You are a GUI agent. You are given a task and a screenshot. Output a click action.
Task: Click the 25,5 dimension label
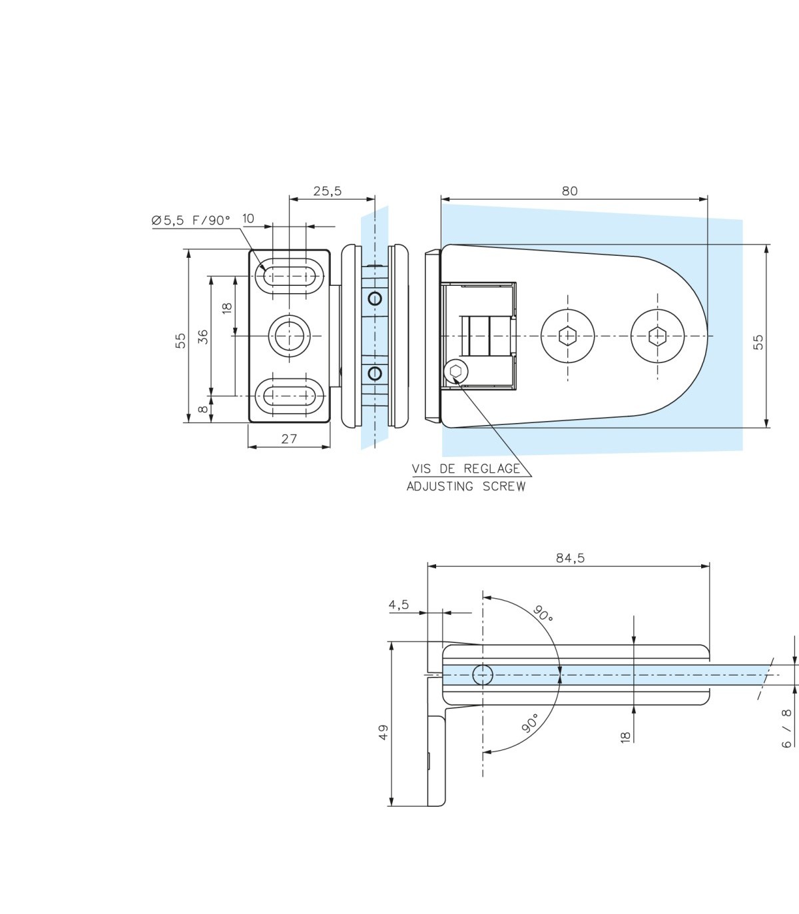tap(327, 191)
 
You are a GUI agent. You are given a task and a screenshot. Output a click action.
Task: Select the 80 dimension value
tap(569, 191)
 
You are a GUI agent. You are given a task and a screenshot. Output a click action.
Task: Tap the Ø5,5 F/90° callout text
tap(190, 221)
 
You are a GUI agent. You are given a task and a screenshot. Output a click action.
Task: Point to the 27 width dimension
tap(289, 439)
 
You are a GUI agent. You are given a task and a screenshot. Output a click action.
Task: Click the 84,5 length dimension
tap(570, 558)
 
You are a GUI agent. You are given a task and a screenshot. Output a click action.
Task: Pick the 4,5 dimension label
tap(399, 605)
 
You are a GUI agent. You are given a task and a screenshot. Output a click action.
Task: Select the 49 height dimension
tap(383, 733)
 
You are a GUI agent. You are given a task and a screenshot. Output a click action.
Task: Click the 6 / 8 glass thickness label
tap(786, 729)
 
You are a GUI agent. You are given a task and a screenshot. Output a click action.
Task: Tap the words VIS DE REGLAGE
tap(465, 468)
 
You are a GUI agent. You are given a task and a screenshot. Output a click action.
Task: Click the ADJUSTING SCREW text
tap(466, 486)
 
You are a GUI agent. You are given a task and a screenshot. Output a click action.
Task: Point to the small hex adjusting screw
tap(455, 371)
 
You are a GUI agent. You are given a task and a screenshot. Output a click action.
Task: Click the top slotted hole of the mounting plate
tap(289, 276)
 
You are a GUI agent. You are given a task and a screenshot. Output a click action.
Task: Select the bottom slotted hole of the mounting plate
tap(289, 396)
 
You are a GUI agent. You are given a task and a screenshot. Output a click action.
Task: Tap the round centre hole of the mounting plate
tap(289, 336)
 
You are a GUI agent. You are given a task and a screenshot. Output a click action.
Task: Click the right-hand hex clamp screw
tap(657, 336)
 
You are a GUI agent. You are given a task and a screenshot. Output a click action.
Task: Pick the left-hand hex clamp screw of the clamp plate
tap(567, 336)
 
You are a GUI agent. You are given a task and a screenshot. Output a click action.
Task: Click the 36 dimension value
tap(203, 336)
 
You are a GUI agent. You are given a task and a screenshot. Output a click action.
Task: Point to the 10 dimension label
tap(248, 219)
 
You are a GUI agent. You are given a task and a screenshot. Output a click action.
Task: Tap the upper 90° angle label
tap(543, 614)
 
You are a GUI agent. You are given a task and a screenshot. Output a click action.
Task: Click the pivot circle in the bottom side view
tap(483, 675)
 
